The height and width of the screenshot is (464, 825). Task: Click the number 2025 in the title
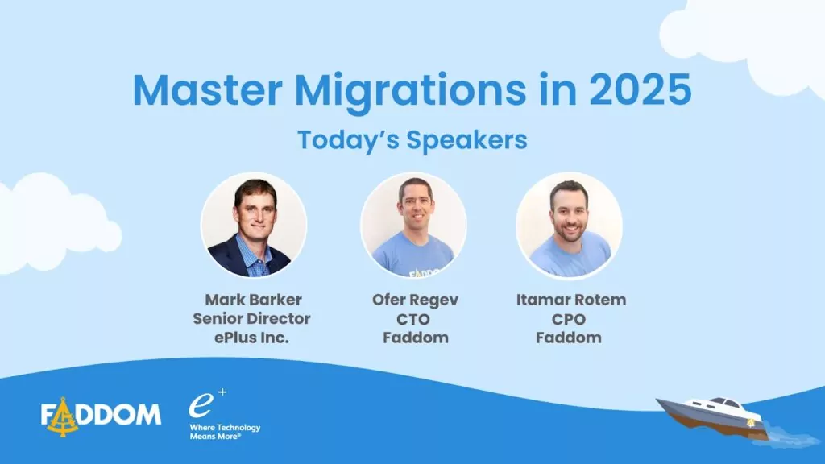pyautogui.click(x=640, y=90)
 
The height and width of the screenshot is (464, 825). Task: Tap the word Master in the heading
pyautogui.click(x=207, y=90)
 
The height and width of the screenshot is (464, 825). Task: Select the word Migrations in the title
pyautogui.click(x=410, y=93)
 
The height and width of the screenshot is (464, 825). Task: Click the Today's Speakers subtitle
pyautogui.click(x=412, y=140)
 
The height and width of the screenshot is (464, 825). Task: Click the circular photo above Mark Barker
pyautogui.click(x=254, y=226)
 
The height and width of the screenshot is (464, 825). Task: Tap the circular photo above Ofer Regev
pyautogui.click(x=413, y=226)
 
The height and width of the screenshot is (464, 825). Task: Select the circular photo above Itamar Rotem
pyautogui.click(x=570, y=226)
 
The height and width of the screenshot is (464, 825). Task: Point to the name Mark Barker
pyautogui.click(x=253, y=300)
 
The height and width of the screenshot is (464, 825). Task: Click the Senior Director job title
pyautogui.click(x=251, y=318)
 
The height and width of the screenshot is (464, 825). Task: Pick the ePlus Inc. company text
pyautogui.click(x=251, y=338)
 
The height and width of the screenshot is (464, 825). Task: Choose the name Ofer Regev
pyautogui.click(x=415, y=300)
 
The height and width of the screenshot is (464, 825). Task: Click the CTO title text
pyautogui.click(x=413, y=319)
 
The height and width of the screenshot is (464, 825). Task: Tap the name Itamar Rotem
pyautogui.click(x=571, y=300)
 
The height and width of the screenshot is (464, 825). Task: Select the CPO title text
pyautogui.click(x=569, y=319)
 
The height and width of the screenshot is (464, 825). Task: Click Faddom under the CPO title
pyautogui.click(x=569, y=338)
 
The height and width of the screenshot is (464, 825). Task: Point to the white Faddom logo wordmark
pyautogui.click(x=101, y=415)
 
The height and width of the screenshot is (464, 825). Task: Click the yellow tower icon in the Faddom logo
pyautogui.click(x=63, y=417)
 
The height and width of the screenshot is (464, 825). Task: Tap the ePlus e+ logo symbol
pyautogui.click(x=207, y=403)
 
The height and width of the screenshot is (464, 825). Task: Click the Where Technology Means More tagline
pyautogui.click(x=225, y=432)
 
